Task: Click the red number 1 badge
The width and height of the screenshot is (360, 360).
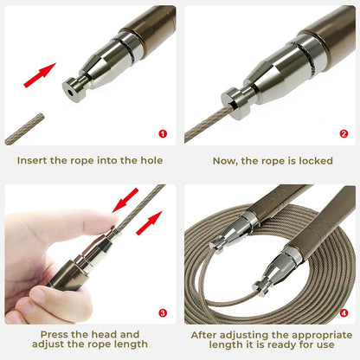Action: [163, 133]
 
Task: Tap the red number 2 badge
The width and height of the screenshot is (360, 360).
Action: [344, 133]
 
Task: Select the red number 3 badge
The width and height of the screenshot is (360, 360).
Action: [163, 312]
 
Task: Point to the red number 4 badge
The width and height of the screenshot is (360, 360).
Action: [344, 312]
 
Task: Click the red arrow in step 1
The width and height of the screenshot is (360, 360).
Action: [40, 75]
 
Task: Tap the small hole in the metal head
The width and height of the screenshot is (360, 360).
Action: [70, 93]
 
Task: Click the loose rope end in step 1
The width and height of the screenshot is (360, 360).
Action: [24, 129]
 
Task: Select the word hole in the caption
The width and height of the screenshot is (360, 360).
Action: [151, 160]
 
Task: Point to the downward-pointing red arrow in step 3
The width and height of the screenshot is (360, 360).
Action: [125, 200]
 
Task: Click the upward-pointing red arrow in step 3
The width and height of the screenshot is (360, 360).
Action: [149, 222]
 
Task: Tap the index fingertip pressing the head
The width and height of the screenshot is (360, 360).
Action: [112, 222]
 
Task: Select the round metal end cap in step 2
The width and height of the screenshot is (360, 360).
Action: [235, 103]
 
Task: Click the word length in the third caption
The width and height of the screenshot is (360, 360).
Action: [131, 344]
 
